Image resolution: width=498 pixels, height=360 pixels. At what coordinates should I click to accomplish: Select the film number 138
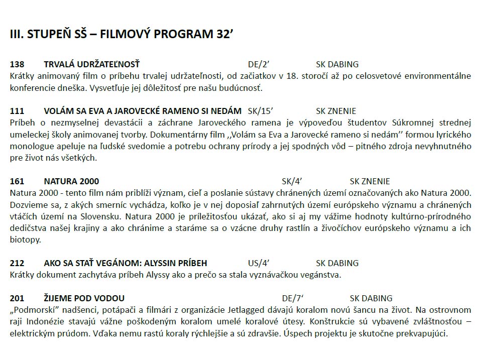point(17,64)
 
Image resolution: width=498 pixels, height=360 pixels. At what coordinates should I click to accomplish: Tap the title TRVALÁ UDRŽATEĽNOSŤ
point(91,64)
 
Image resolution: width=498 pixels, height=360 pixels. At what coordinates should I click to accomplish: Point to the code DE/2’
point(259,64)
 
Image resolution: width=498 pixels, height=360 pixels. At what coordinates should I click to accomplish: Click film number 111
point(17,111)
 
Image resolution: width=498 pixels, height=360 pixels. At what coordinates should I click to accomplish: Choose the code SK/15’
point(260,111)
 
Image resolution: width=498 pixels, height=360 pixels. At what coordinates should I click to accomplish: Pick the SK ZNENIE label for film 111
point(336,111)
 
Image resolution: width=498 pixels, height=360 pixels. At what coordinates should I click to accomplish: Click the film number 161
point(17,181)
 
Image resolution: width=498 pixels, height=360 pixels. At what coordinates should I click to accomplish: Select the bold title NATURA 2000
point(71,181)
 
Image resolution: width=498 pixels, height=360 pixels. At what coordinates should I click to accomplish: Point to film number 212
point(17,263)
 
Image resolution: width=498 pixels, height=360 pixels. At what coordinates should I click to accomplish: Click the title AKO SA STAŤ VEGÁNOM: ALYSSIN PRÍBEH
point(125,263)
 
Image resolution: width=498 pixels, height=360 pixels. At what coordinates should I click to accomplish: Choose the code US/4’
point(259,263)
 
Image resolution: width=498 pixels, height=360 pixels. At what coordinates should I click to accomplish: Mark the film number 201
point(17,298)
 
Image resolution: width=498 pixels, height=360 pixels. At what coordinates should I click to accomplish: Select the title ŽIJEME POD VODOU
point(84,298)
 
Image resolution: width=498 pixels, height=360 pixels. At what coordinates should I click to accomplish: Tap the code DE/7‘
point(293,298)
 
